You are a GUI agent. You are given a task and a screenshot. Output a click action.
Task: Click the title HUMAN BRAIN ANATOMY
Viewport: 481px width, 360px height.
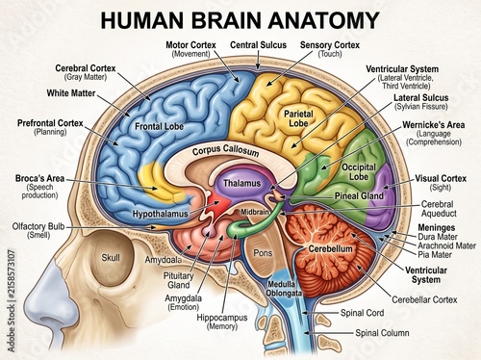[x=240, y=20]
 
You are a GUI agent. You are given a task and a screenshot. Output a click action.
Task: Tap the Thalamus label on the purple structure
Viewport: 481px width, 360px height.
[x=242, y=183]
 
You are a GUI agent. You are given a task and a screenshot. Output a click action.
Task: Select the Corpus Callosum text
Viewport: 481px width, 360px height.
[x=225, y=150]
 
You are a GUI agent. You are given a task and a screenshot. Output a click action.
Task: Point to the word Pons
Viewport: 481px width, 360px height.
[x=263, y=253]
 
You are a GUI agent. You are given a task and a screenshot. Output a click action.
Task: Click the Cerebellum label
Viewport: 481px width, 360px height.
[x=330, y=248]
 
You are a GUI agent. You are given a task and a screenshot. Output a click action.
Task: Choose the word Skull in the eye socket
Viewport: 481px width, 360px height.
[x=111, y=257]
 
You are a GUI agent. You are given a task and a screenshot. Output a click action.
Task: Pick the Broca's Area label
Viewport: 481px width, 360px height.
[x=39, y=178]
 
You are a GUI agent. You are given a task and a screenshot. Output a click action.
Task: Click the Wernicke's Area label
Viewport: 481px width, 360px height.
[x=434, y=125]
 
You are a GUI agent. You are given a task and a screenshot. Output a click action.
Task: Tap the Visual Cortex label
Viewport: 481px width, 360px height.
[x=441, y=178]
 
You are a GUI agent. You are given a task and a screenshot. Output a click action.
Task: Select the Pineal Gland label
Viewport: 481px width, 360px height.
[x=359, y=195]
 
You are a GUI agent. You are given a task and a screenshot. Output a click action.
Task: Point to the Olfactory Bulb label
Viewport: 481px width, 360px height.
[x=38, y=226]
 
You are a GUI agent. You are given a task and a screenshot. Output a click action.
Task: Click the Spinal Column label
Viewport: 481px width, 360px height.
[x=382, y=333]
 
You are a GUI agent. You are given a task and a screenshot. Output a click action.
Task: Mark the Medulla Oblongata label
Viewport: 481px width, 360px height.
[x=284, y=289]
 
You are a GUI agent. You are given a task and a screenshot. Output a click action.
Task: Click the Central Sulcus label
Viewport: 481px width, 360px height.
[x=258, y=45]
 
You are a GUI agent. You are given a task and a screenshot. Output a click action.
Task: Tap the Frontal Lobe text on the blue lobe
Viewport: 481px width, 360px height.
[x=159, y=126]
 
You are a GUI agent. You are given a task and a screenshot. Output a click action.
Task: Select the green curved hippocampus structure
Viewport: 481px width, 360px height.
[x=253, y=223]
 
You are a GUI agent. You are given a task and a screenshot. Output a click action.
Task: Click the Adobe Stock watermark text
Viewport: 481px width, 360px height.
[x=12, y=300]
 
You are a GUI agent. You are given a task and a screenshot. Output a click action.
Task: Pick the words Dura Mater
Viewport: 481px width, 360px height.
[x=438, y=237]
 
